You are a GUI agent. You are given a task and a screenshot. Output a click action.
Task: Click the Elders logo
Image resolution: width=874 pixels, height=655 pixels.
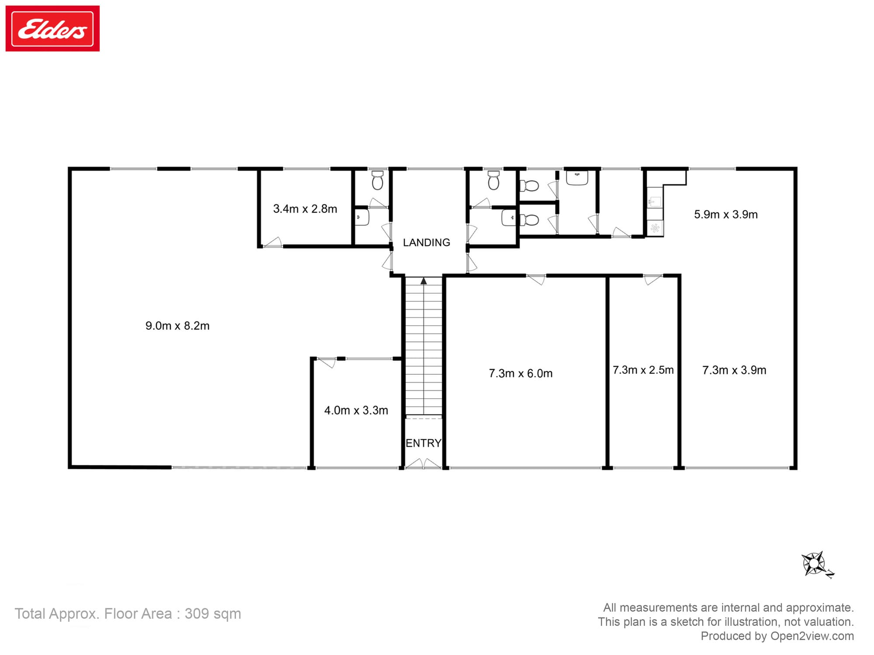(x=52, y=28)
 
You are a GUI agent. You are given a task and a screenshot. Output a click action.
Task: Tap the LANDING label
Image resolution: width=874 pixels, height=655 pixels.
(x=426, y=242)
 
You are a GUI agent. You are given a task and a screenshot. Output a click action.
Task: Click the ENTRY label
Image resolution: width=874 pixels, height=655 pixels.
(x=423, y=443)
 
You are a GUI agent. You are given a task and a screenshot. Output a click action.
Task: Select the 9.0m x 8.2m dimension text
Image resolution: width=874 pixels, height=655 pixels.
(x=177, y=326)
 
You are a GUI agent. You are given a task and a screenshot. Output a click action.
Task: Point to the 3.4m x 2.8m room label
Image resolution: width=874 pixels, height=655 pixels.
(x=305, y=209)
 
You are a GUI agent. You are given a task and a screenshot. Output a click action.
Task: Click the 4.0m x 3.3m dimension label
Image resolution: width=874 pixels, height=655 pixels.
(x=356, y=410)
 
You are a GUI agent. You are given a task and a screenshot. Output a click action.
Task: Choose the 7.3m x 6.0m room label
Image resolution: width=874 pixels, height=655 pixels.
(x=520, y=373)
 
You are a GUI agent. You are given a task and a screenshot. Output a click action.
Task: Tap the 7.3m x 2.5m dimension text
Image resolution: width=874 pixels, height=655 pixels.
(x=643, y=370)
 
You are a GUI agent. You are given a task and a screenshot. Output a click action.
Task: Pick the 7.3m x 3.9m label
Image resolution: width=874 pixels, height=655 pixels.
(x=734, y=370)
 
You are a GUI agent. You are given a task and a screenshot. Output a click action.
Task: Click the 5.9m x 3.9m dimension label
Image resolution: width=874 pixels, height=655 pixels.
(x=726, y=214)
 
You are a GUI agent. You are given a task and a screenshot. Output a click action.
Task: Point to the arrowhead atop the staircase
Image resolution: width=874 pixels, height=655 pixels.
(x=423, y=281)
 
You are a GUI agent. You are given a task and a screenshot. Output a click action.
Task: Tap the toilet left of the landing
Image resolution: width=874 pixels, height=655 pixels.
(x=378, y=180)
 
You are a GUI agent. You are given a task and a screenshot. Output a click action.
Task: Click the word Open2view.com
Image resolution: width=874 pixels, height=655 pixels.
(x=812, y=636)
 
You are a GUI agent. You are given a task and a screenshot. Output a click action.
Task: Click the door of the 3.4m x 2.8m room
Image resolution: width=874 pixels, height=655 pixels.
(x=273, y=243)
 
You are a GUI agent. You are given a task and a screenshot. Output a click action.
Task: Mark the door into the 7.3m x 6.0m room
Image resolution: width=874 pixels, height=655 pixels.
(x=537, y=279)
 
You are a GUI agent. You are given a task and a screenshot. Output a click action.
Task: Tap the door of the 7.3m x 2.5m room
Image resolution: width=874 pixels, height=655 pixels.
(x=653, y=279)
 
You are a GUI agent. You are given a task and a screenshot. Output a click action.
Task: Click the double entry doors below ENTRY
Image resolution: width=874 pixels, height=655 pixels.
(x=423, y=464)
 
